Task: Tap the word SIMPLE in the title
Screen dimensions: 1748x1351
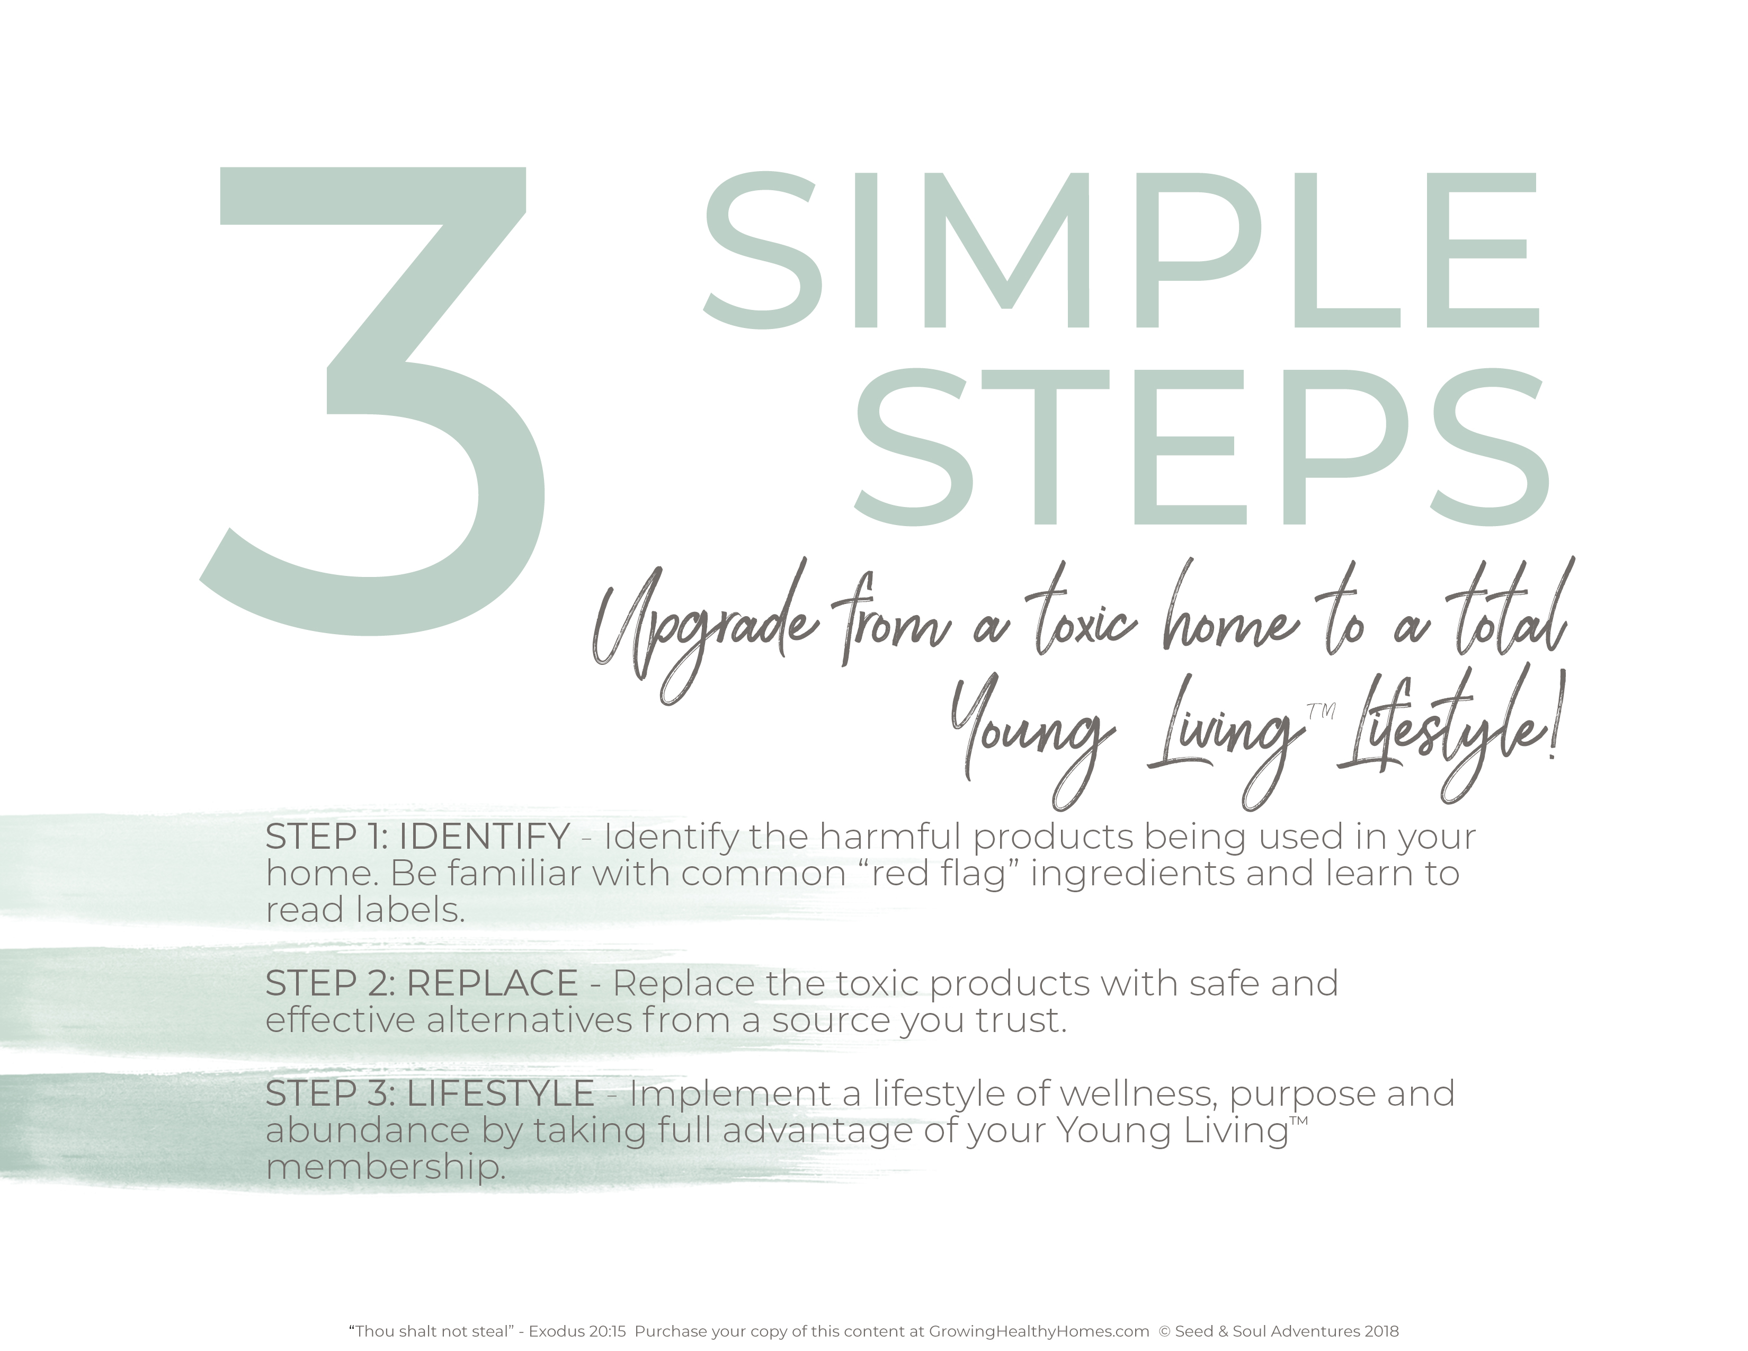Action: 1120,250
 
